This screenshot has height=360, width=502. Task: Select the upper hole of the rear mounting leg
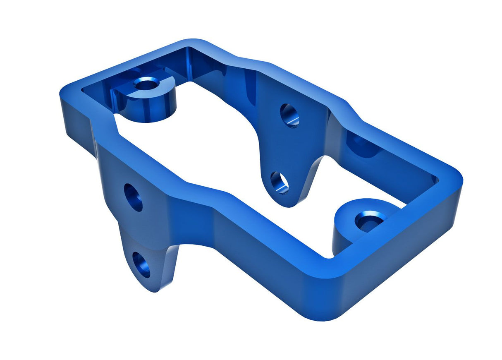tap(289, 115)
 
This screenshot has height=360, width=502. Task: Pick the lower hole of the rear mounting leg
tap(280, 182)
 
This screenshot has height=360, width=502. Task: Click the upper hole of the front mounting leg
tap(133, 197)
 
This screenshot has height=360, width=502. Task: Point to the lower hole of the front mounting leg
tap(141, 264)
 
